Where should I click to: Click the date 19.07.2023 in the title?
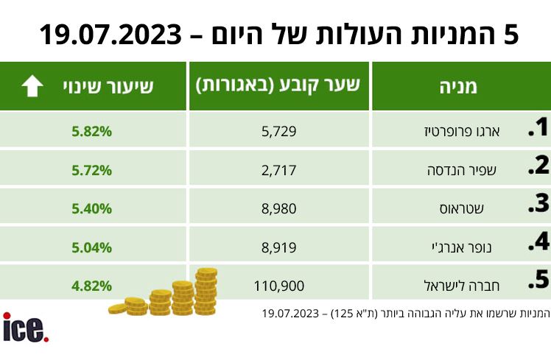(110, 35)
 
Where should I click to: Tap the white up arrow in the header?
(32, 85)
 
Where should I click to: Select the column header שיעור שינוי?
(108, 86)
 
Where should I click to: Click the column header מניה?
(458, 86)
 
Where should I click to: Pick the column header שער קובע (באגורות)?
(278, 85)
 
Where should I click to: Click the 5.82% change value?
(92, 131)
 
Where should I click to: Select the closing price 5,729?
(279, 131)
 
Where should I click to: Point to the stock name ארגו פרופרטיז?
(462, 132)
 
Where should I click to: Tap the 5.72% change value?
(92, 170)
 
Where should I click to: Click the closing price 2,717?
(279, 170)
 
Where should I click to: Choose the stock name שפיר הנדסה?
(462, 170)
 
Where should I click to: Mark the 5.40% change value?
(92, 208)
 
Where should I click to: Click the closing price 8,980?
(279, 208)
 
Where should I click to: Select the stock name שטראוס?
(462, 209)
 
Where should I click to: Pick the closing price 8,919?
(279, 247)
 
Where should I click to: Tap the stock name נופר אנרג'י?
(462, 247)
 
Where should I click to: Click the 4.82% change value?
(92, 286)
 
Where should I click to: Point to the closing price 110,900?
(279, 286)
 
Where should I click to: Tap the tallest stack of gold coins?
(206, 292)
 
